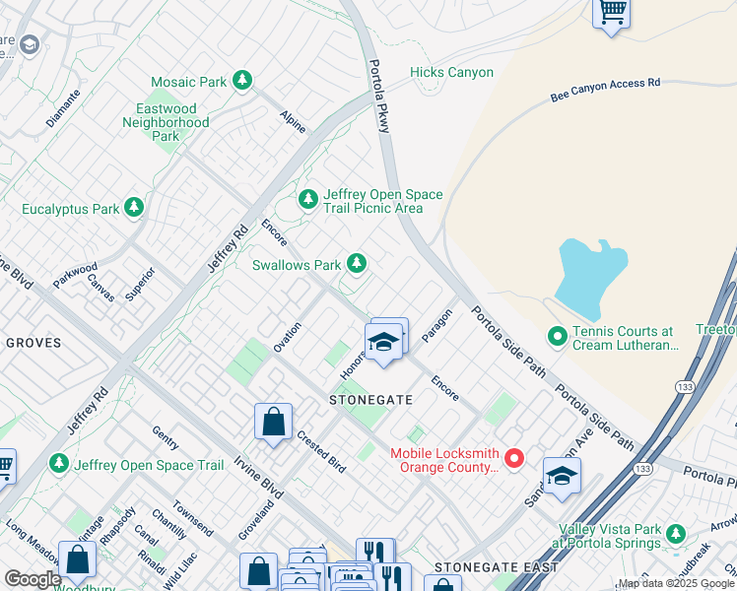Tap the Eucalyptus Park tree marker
click(x=133, y=208)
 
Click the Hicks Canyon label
click(x=451, y=73)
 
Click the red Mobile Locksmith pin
click(x=513, y=458)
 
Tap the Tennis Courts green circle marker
click(x=558, y=338)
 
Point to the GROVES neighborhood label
click(x=33, y=343)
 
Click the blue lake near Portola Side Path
click(x=588, y=273)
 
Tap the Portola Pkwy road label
click(x=380, y=98)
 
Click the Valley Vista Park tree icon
click(x=675, y=534)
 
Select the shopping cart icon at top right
click(x=612, y=13)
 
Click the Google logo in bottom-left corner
click(x=33, y=578)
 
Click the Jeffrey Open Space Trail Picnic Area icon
click(x=308, y=200)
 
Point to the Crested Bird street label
click(x=320, y=452)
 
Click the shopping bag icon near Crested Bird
click(x=273, y=422)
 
